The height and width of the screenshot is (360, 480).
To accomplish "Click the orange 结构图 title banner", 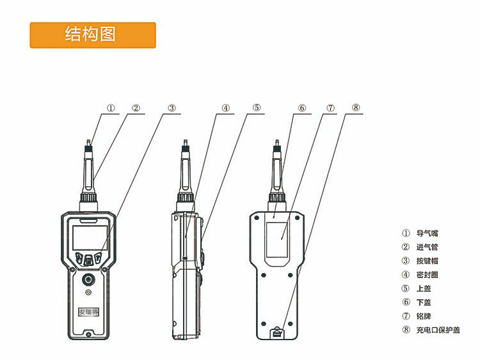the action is coord(93,35).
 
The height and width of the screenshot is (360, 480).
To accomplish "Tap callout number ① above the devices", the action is coord(111,108).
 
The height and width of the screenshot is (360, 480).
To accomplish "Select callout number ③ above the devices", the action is coord(172,108).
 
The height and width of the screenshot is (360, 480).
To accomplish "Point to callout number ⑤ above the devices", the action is coord(257,107).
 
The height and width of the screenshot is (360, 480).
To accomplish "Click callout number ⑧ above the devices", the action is coord(355,107).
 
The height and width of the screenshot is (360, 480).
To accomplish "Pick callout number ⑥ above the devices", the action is coord(302,108).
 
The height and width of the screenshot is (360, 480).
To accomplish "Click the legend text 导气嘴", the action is coord(427,233).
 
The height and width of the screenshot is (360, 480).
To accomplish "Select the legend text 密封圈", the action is coord(427,275).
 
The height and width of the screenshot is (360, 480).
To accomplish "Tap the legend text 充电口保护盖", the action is coord(438,330).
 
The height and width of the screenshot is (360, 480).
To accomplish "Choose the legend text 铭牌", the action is coord(424,316).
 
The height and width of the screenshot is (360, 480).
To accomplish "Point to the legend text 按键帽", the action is coord(427,261).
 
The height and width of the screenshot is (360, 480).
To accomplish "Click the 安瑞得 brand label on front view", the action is coord(88,312).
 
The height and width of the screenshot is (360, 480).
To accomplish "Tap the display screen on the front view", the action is coord(90,238).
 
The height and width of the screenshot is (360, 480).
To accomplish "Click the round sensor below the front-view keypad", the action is coord(88,279).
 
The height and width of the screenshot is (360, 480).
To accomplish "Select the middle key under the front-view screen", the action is coord(88,260).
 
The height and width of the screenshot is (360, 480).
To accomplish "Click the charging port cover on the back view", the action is coord(277,333).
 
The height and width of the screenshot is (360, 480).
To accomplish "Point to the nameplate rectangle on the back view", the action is coord(276,240).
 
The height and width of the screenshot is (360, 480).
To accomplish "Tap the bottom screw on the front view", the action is coord(88,334).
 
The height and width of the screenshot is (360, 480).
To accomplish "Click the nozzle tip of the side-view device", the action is coord(185,142).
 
